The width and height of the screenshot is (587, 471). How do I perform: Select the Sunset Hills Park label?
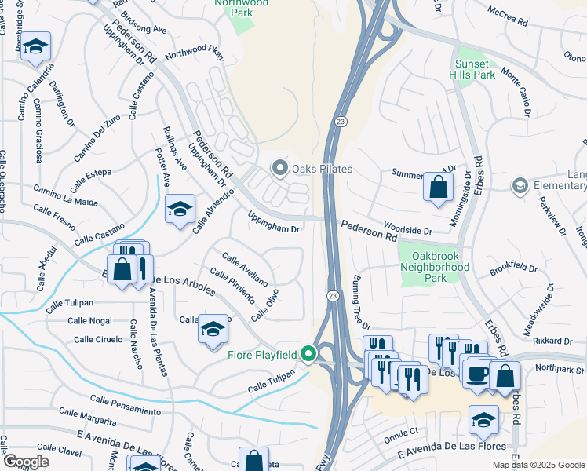[474, 69]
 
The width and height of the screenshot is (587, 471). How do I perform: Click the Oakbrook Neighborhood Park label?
[434, 261]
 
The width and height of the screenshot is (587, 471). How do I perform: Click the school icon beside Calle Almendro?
[180, 209]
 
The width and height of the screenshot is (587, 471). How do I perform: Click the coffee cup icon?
[477, 373]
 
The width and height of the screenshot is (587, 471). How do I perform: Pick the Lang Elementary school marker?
[519, 186]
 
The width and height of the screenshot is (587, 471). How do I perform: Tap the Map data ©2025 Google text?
[538, 465]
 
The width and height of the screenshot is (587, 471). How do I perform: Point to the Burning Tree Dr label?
[361, 302]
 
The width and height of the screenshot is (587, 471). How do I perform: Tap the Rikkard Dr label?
[553, 340]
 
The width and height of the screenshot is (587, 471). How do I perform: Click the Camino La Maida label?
[65, 196]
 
